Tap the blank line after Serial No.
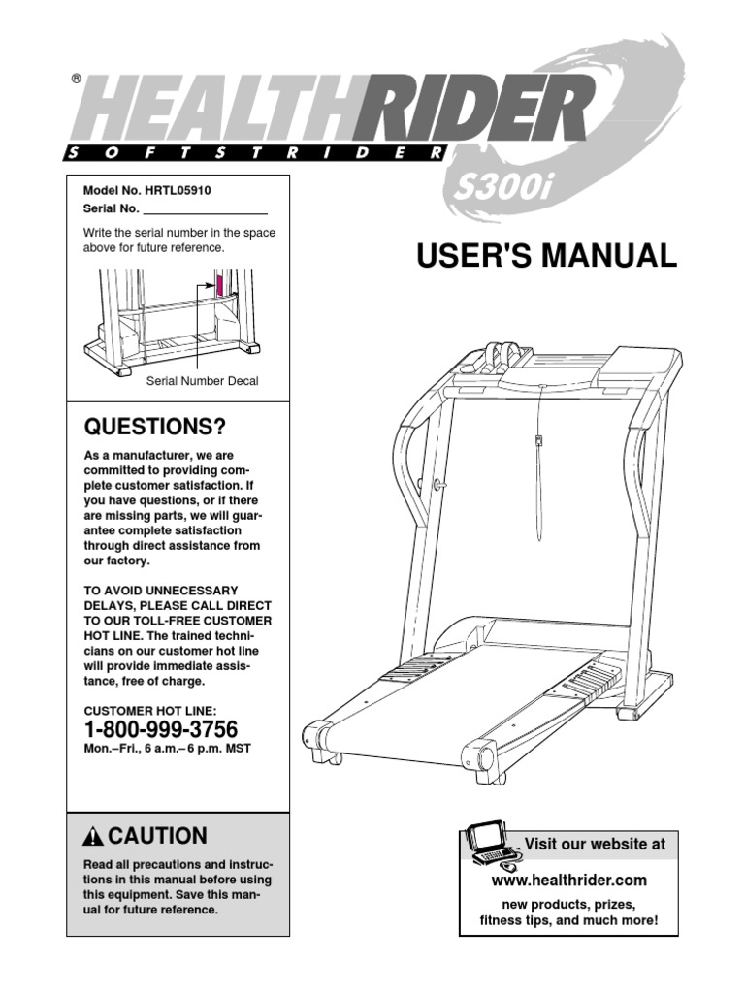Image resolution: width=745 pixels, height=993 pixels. (x=205, y=209)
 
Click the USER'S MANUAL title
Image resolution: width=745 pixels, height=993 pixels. (x=546, y=255)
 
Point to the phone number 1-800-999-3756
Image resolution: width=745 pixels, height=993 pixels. (x=161, y=730)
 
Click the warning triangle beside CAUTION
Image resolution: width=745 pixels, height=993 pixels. (x=94, y=837)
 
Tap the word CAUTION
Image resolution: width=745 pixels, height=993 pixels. (x=158, y=836)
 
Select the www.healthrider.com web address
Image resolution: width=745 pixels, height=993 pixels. (x=569, y=881)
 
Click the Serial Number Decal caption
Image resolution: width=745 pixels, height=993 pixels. (x=202, y=381)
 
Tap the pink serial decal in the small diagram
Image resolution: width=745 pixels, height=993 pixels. (x=219, y=286)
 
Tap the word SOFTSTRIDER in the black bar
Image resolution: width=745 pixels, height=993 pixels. (x=256, y=152)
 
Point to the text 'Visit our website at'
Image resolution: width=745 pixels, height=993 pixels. (x=595, y=845)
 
